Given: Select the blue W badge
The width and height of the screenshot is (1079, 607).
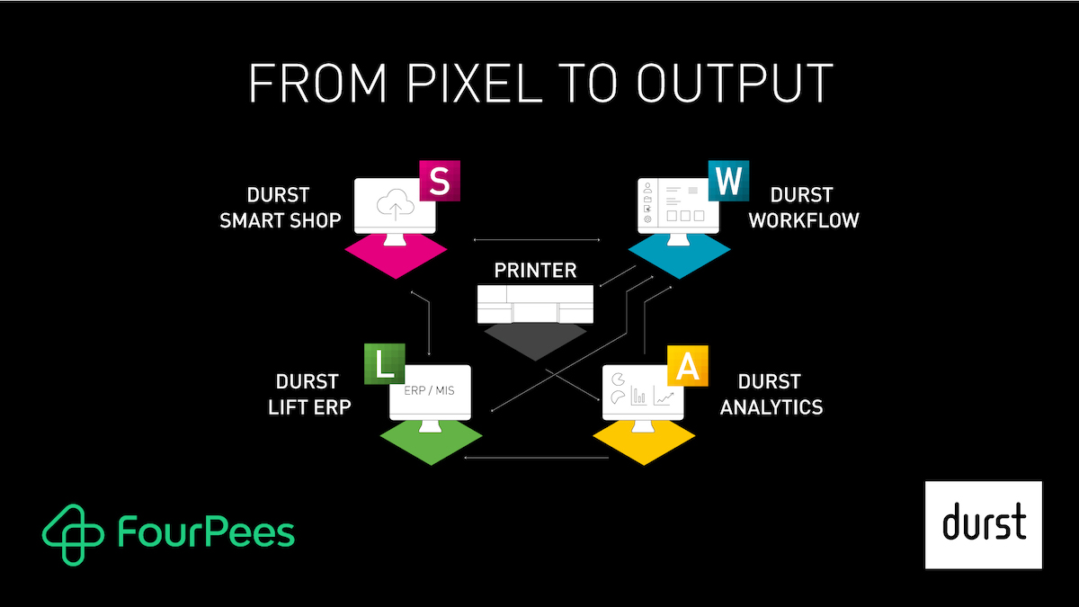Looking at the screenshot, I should click(729, 181).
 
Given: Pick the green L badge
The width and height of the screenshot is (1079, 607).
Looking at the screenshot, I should click(384, 364).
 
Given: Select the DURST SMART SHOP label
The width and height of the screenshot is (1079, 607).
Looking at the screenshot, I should click(281, 208).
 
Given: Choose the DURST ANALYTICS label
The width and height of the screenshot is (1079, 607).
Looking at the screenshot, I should click(771, 394).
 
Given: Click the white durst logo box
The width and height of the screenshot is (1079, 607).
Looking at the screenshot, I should click(984, 524).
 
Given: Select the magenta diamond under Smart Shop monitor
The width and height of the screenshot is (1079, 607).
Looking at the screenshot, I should click(396, 254).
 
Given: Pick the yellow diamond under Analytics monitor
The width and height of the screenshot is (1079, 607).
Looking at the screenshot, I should click(644, 440).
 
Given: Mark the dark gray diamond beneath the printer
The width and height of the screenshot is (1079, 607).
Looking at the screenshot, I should click(534, 340).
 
